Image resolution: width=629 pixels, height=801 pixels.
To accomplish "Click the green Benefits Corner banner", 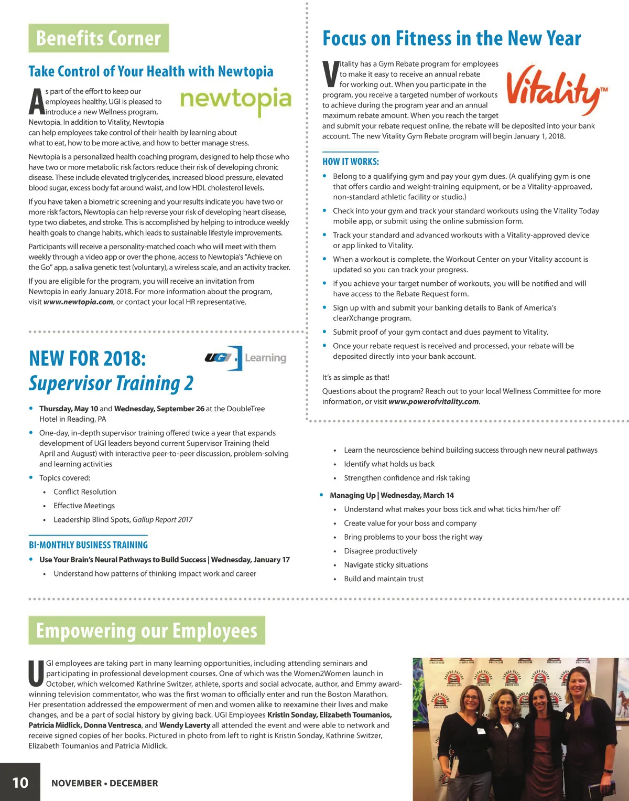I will point(99,38).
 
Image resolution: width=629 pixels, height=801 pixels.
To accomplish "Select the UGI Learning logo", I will point(246,358).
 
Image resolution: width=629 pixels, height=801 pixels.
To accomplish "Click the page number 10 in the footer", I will point(20,783).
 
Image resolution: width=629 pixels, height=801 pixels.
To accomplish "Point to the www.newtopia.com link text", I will point(78,302).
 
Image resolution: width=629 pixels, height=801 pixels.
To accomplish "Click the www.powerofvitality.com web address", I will point(433,402).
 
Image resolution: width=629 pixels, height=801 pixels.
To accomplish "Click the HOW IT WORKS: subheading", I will point(350,162).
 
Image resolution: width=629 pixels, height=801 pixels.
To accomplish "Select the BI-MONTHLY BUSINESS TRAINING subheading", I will point(89,545).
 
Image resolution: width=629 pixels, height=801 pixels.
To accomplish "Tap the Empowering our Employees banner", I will point(147,631).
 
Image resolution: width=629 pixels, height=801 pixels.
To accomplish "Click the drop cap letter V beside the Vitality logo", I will point(330,74).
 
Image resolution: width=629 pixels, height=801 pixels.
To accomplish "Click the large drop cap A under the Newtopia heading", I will point(36,102).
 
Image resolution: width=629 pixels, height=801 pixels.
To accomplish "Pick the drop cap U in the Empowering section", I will point(36,674).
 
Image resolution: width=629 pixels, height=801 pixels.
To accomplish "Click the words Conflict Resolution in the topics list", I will point(85,492).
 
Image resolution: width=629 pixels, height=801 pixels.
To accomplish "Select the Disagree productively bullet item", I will point(381,551).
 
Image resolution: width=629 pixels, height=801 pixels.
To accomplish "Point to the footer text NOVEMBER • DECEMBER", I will point(105,783).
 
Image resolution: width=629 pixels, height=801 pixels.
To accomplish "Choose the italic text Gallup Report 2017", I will point(162,520).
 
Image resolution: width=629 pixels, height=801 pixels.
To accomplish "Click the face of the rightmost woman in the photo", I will point(578,685).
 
